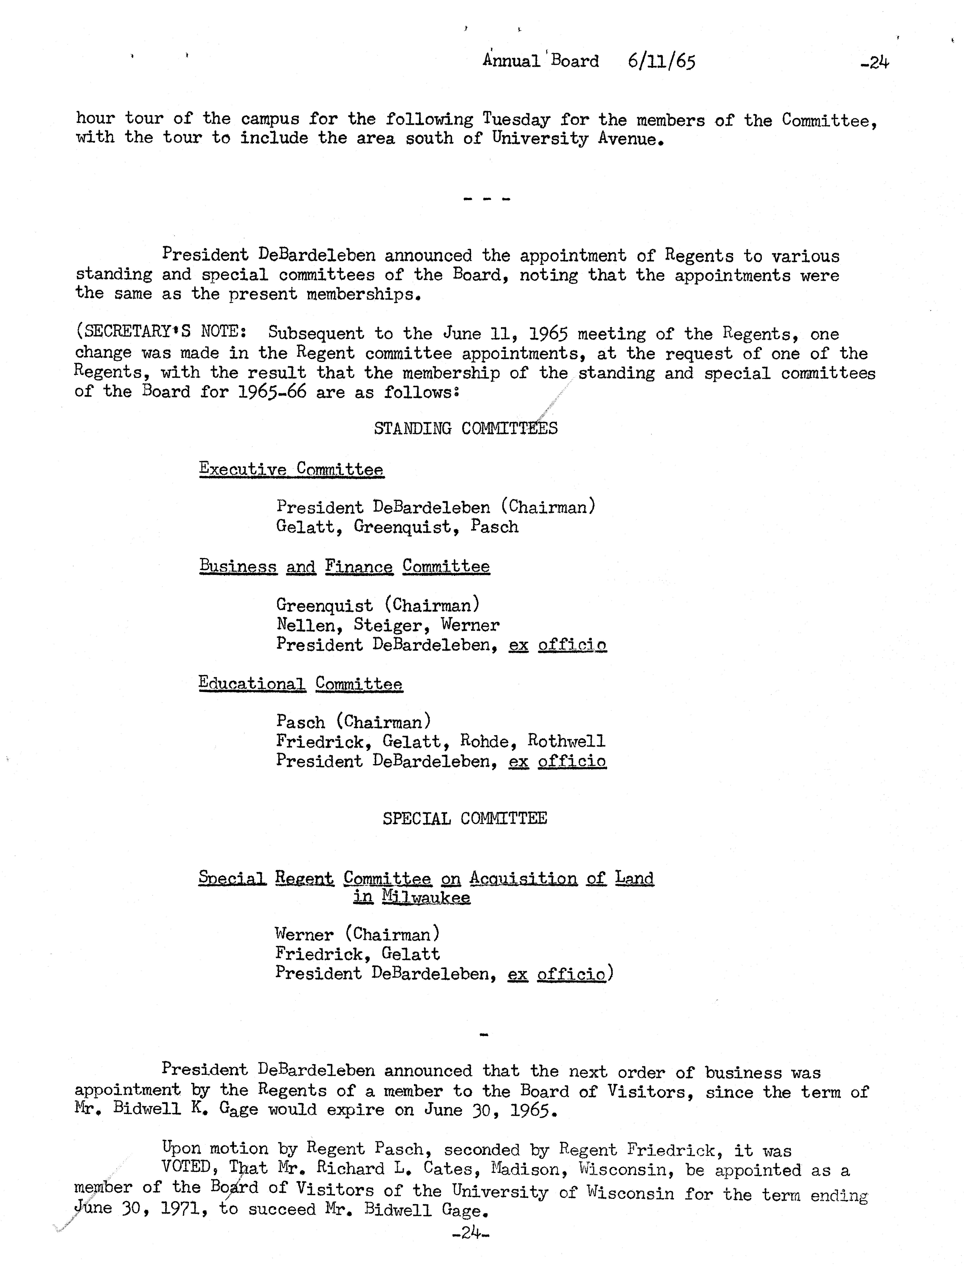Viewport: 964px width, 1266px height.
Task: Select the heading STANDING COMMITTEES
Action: pos(465,428)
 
